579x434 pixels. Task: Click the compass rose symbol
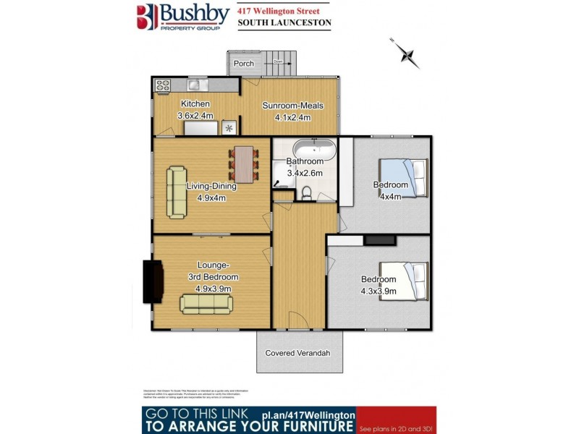[x=406, y=54]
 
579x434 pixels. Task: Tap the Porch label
[x=244, y=64]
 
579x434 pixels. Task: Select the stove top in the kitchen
[x=162, y=85]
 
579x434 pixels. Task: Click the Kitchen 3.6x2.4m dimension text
[x=195, y=116]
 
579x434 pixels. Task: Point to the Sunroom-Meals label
[x=292, y=106]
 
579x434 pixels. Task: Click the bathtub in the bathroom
[x=313, y=150]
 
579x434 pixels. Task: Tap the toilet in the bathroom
[x=306, y=192]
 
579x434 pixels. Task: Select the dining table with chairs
[x=244, y=164]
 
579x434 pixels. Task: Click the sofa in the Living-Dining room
[x=176, y=192]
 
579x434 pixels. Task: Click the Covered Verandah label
[x=297, y=353]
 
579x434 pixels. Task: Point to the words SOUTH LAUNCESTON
[x=284, y=23]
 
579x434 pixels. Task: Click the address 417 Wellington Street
[x=280, y=9]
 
